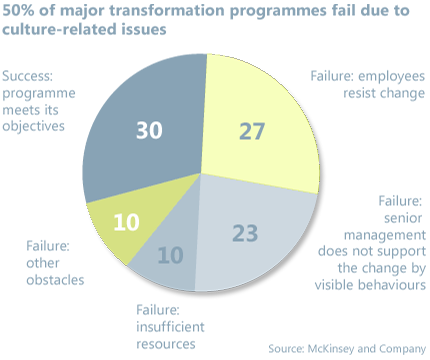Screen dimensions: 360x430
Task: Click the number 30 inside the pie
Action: (148, 130)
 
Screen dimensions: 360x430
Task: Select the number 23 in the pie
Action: (245, 234)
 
